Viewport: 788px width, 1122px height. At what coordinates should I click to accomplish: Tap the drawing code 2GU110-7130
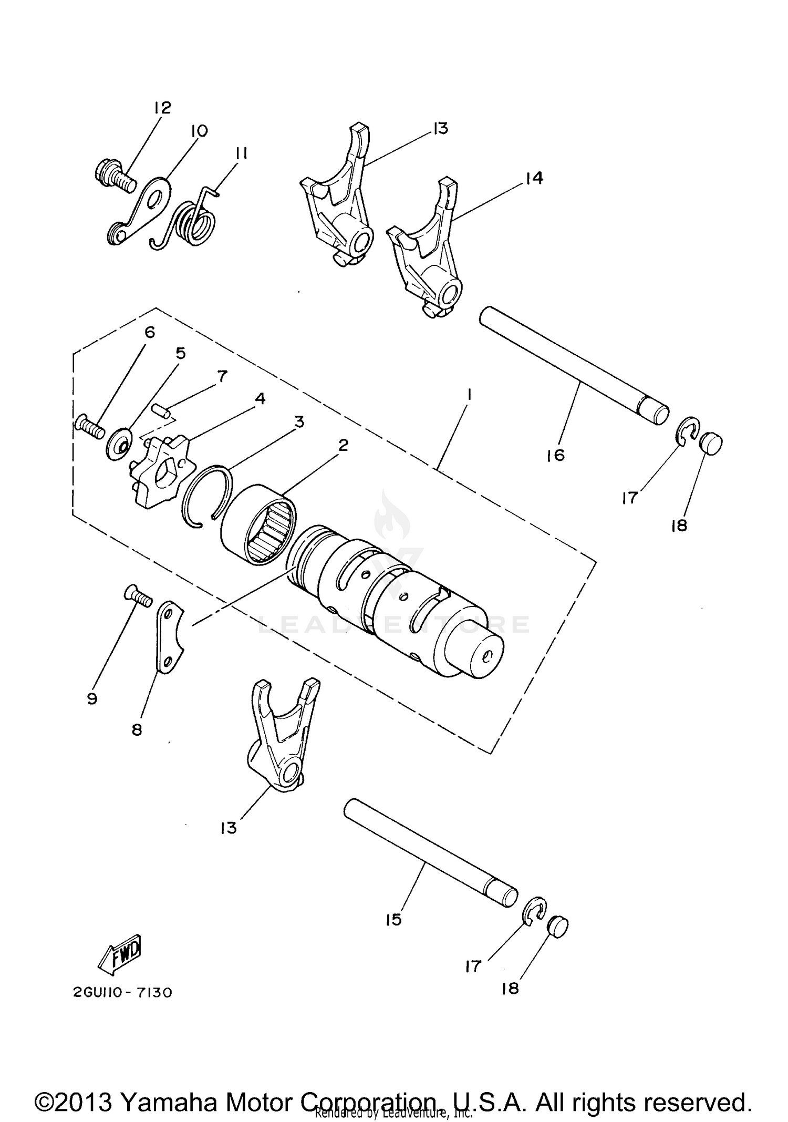[122, 993]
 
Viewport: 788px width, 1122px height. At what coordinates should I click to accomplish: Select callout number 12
[162, 108]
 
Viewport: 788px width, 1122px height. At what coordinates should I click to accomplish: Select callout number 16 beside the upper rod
[555, 455]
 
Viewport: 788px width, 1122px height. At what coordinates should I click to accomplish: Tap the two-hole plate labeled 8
[170, 637]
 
